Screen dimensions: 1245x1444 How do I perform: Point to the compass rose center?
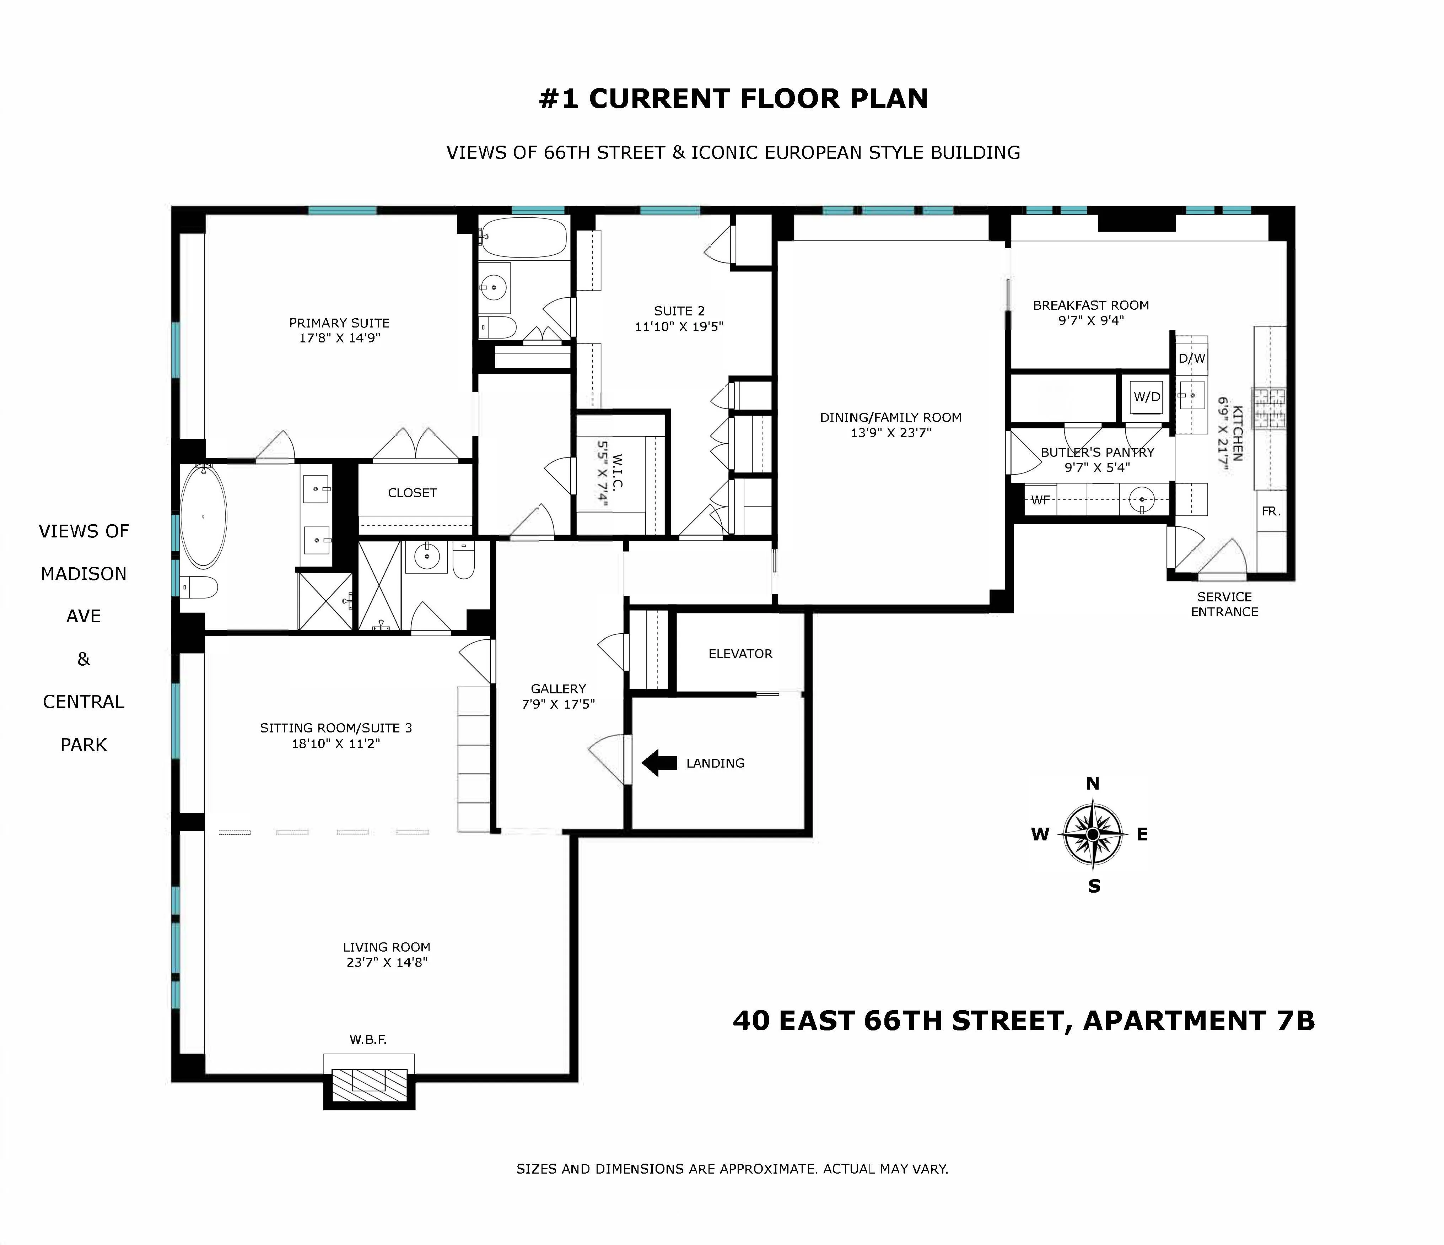point(1093,834)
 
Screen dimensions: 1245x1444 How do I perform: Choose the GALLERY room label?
point(558,688)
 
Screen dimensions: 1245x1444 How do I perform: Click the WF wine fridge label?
point(1040,499)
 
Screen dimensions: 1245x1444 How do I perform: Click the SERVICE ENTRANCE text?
point(1224,604)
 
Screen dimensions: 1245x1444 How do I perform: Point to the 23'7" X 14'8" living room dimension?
point(387,962)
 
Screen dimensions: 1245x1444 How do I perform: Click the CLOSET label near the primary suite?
point(412,493)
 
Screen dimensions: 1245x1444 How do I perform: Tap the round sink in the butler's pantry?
point(1142,499)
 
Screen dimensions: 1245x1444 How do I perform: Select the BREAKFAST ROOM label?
point(1091,305)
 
